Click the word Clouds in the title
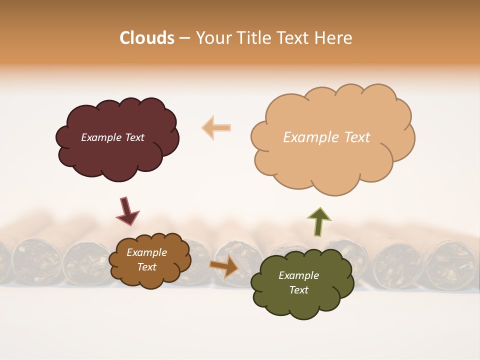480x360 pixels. (147, 38)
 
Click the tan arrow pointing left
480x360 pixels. (216, 127)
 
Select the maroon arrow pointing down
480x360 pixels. (127, 210)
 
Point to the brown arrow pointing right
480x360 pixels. (224, 266)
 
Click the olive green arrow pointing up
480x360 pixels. (319, 221)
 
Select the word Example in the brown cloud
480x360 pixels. (146, 253)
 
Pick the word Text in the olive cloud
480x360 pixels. (298, 290)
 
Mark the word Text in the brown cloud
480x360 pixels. (146, 267)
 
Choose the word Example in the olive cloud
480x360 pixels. (298, 275)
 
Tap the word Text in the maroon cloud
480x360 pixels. (134, 137)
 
